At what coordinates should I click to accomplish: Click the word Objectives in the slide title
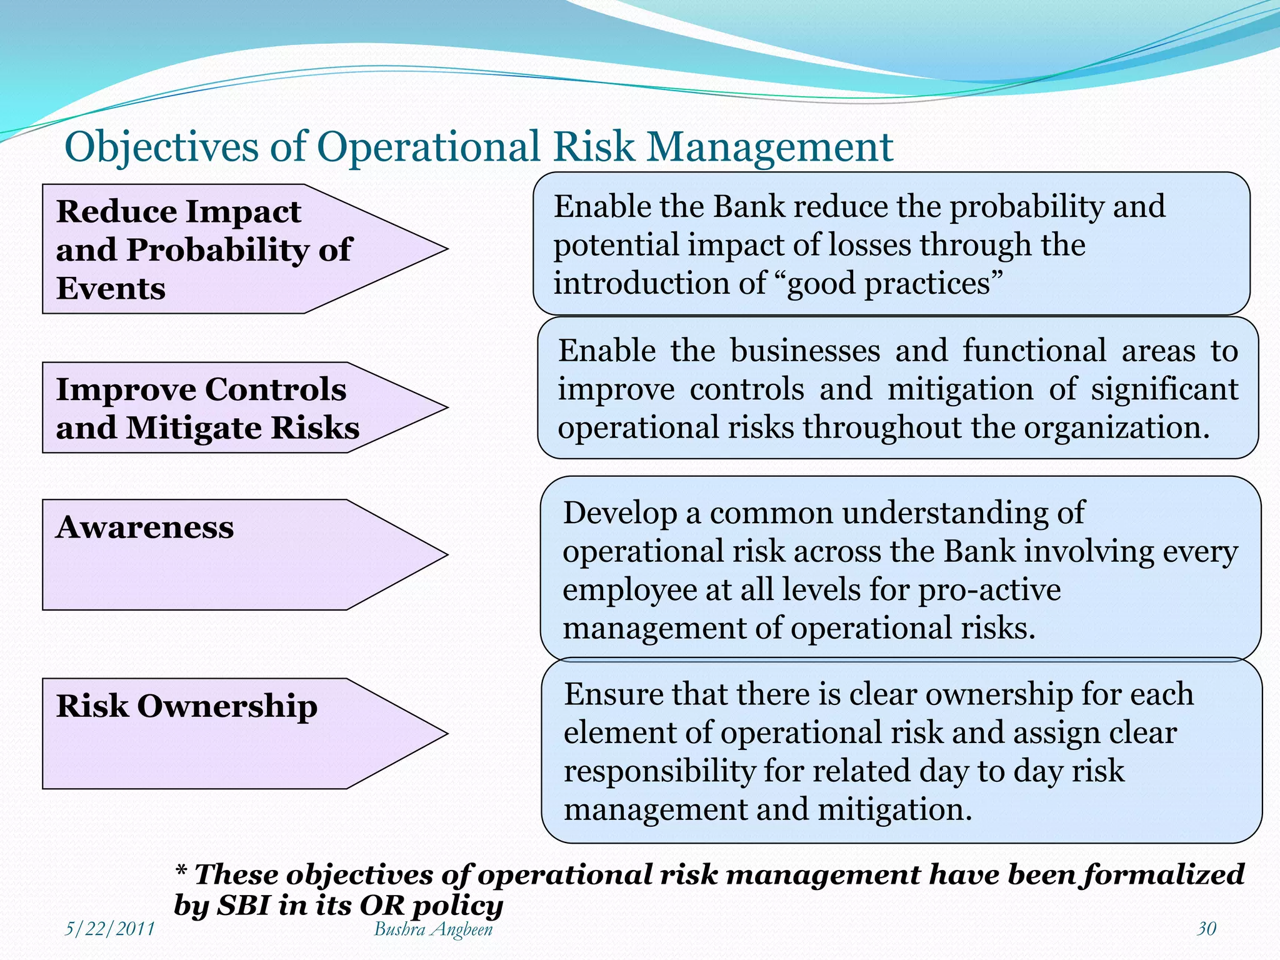[x=161, y=147]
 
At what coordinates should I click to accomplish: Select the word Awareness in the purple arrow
[x=144, y=527]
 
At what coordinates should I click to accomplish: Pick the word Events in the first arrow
[x=111, y=289]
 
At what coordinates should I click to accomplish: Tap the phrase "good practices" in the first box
[x=888, y=284]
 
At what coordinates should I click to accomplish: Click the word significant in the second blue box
[x=1164, y=389]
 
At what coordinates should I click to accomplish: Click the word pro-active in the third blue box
[x=989, y=590]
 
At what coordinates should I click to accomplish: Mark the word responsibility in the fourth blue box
[x=659, y=771]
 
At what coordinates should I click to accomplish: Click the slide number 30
[x=1206, y=929]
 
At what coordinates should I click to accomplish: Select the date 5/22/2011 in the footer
[x=110, y=929]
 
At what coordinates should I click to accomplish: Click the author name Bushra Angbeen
[x=433, y=929]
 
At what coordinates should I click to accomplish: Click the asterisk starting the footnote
[x=181, y=870]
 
